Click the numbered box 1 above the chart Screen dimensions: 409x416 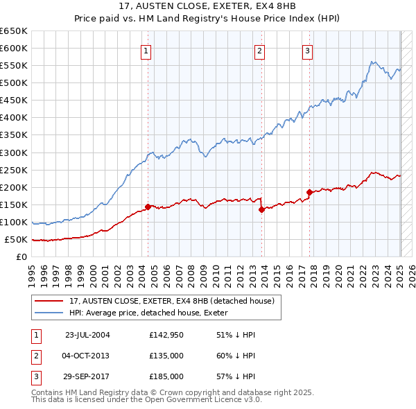[x=147, y=50]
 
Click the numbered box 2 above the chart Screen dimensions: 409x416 [x=259, y=50]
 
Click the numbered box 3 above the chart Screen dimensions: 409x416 [x=307, y=50]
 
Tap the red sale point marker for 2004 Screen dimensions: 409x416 [x=148, y=207]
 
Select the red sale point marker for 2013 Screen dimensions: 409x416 [x=261, y=209]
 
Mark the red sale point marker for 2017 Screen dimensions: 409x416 [x=309, y=192]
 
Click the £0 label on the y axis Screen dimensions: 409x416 [x=22, y=257]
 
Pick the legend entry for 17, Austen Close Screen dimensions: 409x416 [x=172, y=301]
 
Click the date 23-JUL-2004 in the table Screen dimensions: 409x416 [x=87, y=335]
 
